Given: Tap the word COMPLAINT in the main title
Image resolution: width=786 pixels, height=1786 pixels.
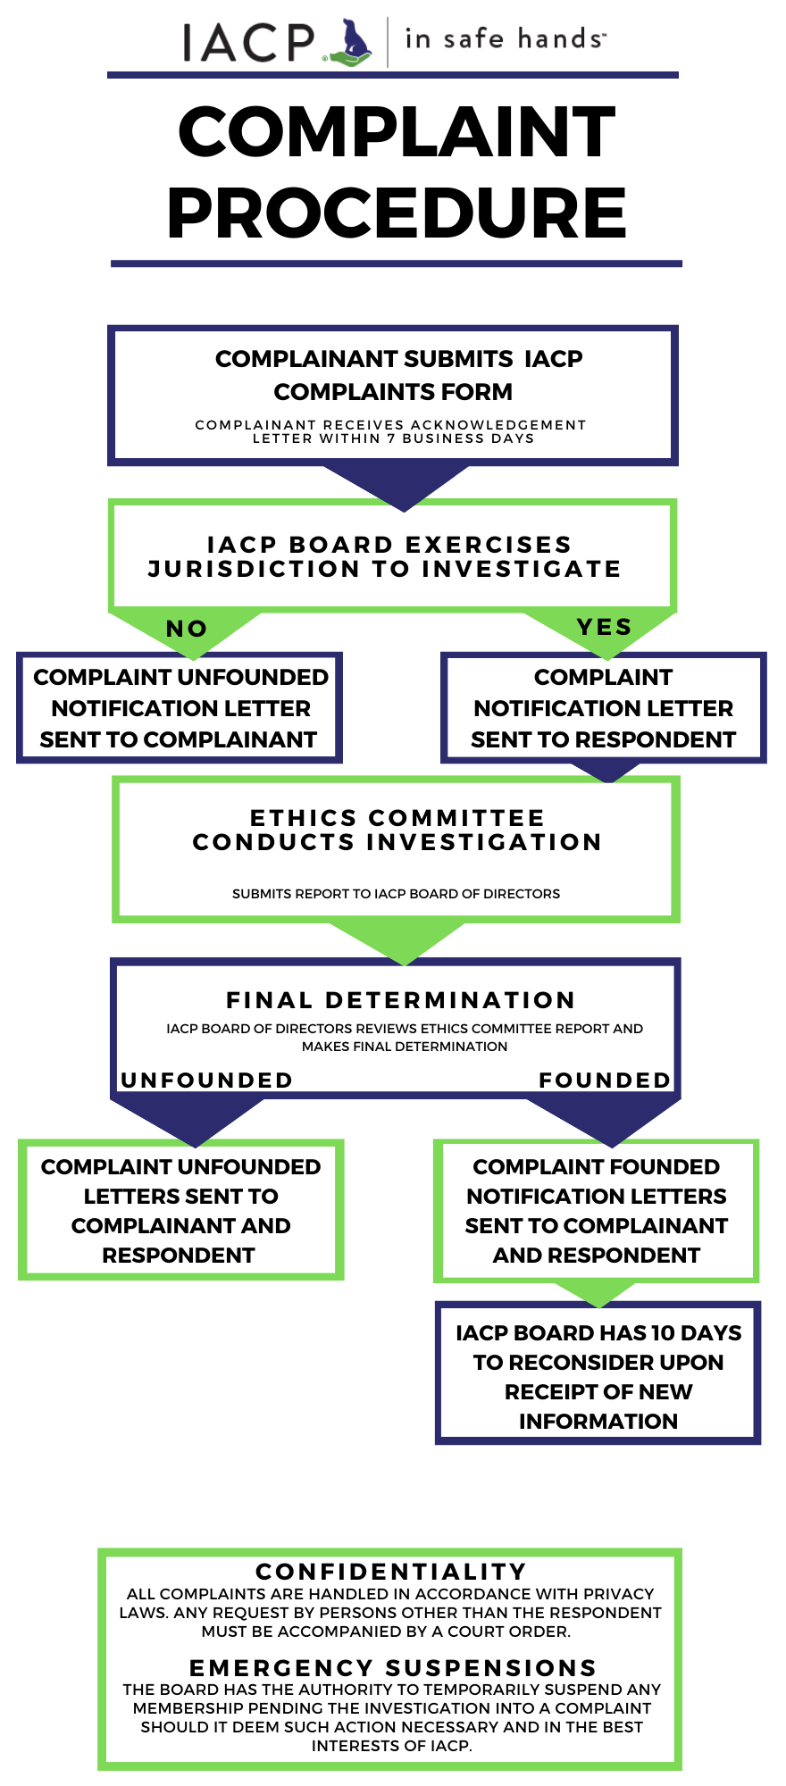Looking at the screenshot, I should tap(396, 132).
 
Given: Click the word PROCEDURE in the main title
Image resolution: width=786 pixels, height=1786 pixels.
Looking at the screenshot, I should tap(396, 213).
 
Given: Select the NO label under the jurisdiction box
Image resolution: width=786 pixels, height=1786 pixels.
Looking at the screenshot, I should tap(187, 629).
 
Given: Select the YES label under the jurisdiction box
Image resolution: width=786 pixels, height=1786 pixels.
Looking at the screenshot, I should tap(605, 627).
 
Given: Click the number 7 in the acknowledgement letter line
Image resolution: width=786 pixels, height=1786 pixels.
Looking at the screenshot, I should tap(391, 438).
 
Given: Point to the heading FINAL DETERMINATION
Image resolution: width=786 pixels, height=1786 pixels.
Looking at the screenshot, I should tap(400, 1000).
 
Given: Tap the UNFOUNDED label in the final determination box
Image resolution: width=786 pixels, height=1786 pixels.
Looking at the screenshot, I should tap(207, 1081).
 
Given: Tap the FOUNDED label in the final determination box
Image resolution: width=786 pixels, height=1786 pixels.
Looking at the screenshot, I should tap(605, 1081).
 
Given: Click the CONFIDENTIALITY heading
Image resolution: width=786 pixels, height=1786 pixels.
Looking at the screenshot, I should tap(391, 1572).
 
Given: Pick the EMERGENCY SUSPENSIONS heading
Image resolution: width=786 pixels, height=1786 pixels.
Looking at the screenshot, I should tap(393, 1668).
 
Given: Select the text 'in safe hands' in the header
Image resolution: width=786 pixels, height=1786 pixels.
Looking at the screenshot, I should tap(504, 39).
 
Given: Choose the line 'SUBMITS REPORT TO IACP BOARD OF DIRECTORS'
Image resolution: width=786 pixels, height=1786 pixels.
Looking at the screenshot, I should tap(396, 894).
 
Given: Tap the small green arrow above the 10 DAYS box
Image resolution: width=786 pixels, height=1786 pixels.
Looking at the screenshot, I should tap(596, 1292).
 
